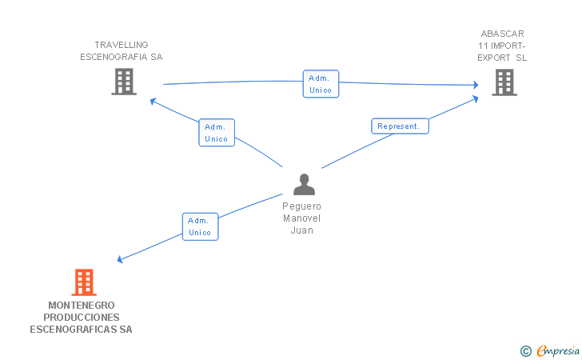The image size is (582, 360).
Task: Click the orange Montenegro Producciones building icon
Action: pos(84,282)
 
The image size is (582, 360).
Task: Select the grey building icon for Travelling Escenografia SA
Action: pos(124,82)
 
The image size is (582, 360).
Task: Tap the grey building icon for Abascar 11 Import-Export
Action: pos(504,82)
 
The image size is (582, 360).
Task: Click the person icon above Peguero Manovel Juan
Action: pos(304,184)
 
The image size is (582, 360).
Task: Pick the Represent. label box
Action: pos(400,126)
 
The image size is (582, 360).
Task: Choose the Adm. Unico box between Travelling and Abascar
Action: pos(321,84)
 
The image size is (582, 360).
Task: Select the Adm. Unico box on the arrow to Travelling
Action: pos(217,133)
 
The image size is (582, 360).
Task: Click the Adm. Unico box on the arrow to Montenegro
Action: pos(200,226)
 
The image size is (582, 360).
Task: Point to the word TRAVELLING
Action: pos(122,45)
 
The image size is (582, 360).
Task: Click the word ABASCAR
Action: pos(503,34)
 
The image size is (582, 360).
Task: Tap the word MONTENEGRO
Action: pos(82,306)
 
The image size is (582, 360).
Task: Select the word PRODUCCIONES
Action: pos(82,318)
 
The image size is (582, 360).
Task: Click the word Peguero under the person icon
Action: pos(301,206)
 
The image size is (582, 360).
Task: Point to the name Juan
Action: pos(301,230)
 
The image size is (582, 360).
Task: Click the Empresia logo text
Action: pos(558,350)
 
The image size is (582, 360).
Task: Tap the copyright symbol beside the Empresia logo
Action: pos(526,351)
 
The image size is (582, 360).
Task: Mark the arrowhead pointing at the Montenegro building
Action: pos(120,259)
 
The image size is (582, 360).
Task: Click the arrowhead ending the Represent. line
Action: pos(475,99)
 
